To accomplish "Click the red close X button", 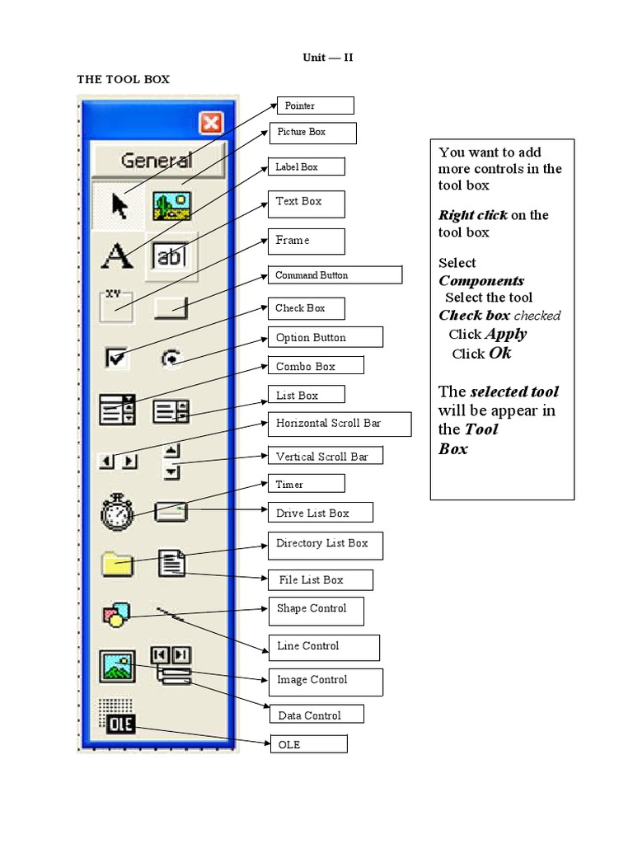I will (212, 123).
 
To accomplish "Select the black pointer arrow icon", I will (120, 205).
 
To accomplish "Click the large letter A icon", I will (117, 256).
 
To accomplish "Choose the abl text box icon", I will (171, 256).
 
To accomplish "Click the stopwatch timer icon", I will (116, 512).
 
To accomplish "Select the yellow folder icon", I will (117, 564).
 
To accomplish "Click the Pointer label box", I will (314, 105).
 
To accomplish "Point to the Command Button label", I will (334, 275).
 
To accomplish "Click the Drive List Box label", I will (320, 513).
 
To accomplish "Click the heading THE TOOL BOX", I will (123, 79).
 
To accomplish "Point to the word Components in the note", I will (481, 280).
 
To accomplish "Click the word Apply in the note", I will (506, 334).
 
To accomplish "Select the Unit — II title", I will (328, 58).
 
